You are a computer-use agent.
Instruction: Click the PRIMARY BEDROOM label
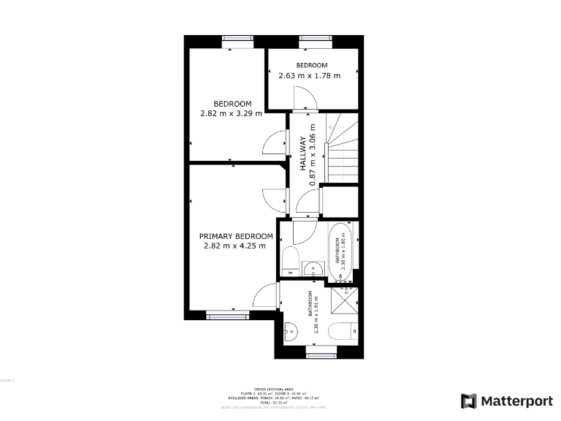(x=236, y=236)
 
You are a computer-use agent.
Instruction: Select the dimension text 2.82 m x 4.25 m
(x=234, y=246)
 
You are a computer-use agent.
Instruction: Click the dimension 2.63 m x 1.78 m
(x=310, y=75)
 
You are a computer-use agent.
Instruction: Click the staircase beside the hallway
(x=342, y=150)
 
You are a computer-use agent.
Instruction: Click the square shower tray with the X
(x=346, y=300)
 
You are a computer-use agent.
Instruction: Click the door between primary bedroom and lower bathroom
(x=267, y=296)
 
